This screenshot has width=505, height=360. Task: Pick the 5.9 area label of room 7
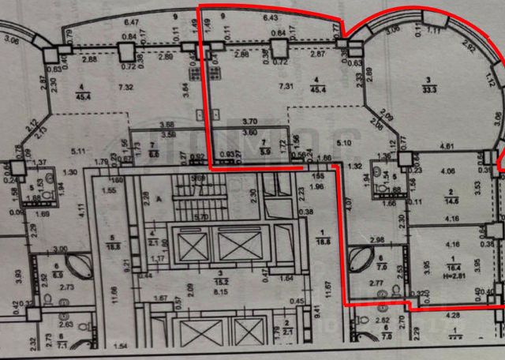[265, 144]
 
